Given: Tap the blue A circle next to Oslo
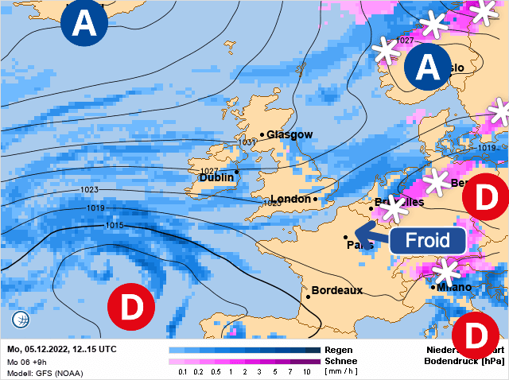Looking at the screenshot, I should point(429,68).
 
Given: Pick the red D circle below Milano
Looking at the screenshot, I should point(475,337).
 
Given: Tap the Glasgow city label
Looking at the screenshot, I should point(289,134).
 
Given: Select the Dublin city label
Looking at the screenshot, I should point(216,178).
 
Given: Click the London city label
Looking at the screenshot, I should point(291,199).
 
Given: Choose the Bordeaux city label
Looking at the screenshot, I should point(336,290).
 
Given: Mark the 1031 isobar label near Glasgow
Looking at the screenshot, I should point(248,142).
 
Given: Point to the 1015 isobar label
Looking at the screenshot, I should point(114,227).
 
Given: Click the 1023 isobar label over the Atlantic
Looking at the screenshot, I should point(89,190).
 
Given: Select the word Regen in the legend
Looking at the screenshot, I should point(339,349).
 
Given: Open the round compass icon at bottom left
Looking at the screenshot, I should point(21,320).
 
